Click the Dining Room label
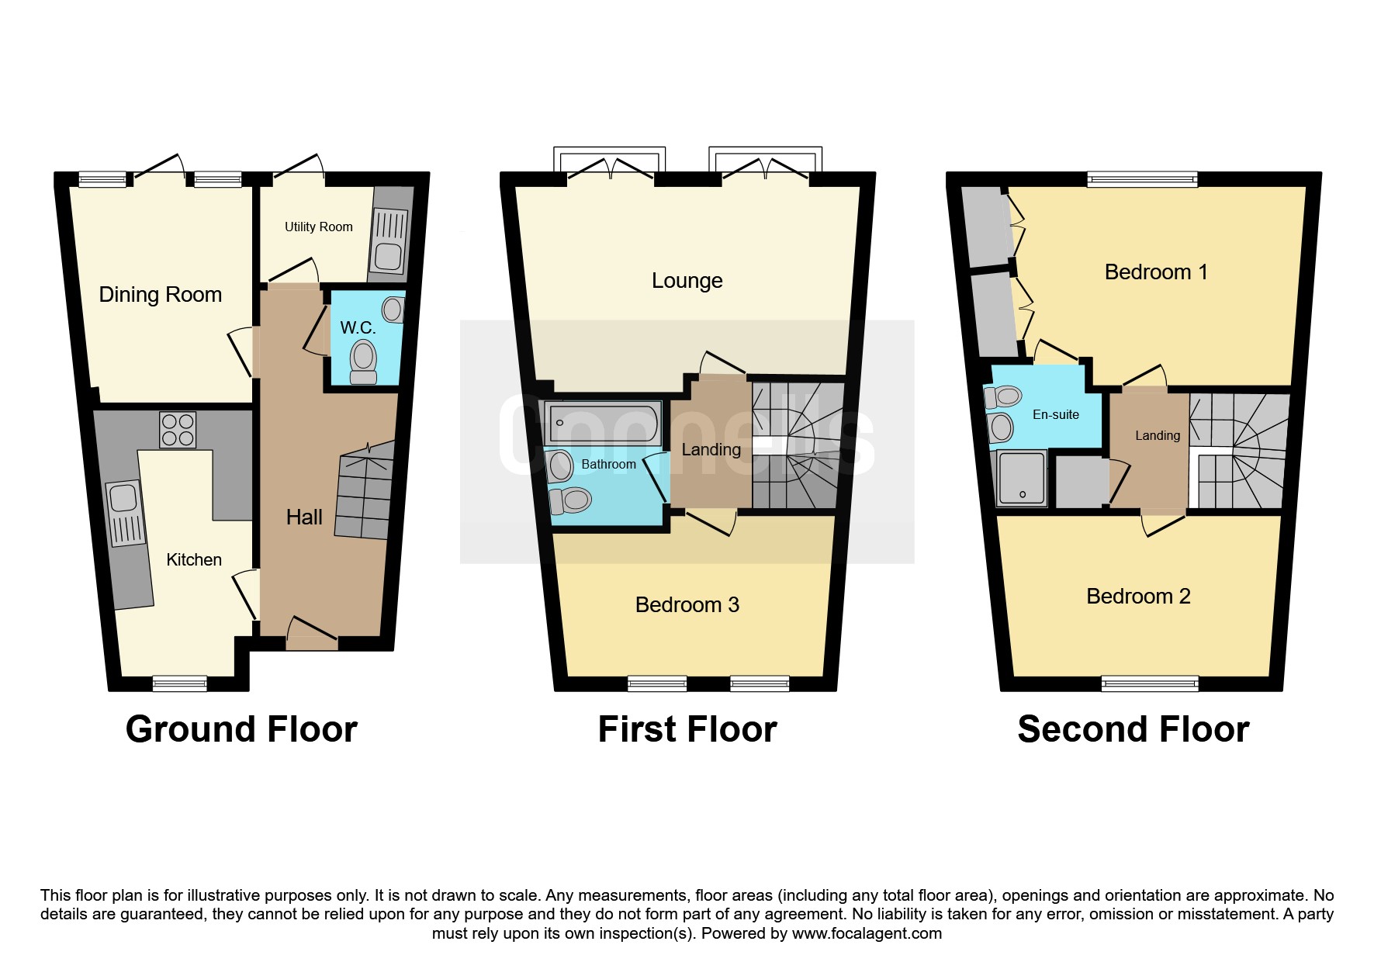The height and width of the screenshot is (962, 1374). click(x=161, y=295)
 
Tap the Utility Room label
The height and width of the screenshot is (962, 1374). click(x=318, y=227)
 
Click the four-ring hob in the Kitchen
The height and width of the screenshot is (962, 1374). click(x=178, y=430)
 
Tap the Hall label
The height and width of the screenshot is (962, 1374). click(x=304, y=517)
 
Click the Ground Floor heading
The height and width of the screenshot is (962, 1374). click(x=241, y=729)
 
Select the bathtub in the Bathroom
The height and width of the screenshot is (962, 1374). click(x=603, y=423)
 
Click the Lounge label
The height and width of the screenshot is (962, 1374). click(x=687, y=281)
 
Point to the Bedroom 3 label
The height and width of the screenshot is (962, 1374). click(x=687, y=605)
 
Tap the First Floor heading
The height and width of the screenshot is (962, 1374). click(x=687, y=729)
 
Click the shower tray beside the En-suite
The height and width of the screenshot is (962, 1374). click(x=1022, y=477)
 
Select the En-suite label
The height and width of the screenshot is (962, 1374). click(x=1056, y=415)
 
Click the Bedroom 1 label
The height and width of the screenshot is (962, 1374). click(x=1156, y=272)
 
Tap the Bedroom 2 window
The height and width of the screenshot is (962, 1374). click(x=1149, y=683)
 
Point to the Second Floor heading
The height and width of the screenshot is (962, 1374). click(x=1133, y=729)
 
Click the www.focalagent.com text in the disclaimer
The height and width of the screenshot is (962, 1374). click(x=867, y=933)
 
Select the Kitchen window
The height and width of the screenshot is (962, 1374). click(x=180, y=683)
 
